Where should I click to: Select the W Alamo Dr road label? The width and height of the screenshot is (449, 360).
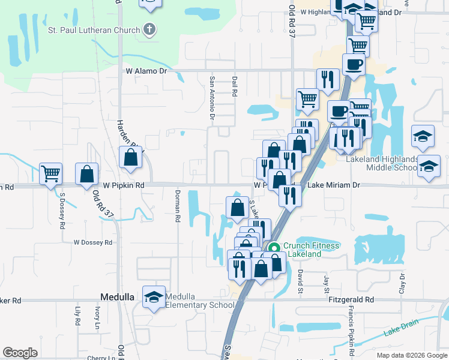pyautogui.click(x=148, y=71)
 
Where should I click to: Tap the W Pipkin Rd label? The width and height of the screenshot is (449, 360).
pyautogui.click(x=123, y=186)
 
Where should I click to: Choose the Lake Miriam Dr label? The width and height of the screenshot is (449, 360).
pyautogui.click(x=334, y=185)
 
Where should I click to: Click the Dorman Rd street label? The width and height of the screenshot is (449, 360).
pyautogui.click(x=178, y=206)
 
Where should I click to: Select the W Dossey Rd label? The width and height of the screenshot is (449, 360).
pyautogui.click(x=93, y=243)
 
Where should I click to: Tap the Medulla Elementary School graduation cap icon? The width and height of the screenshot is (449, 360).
pyautogui.click(x=154, y=296)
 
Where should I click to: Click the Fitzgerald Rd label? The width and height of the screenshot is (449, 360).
pyautogui.click(x=351, y=299)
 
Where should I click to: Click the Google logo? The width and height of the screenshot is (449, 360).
pyautogui.click(x=20, y=353)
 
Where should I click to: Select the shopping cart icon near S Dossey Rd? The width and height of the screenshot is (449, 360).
pyautogui.click(x=51, y=173)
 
